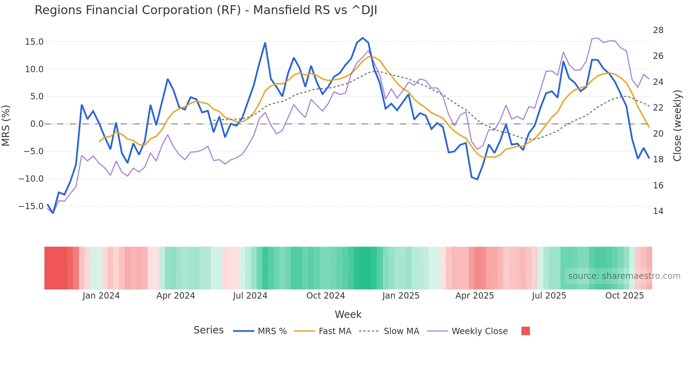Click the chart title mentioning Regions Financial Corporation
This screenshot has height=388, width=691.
(x=206, y=10)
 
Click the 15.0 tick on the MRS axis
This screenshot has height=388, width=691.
(x=34, y=42)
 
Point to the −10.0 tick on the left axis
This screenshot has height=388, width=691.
(x=31, y=179)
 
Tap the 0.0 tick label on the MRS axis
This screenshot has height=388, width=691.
(x=37, y=124)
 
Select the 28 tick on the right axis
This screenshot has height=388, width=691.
(x=658, y=30)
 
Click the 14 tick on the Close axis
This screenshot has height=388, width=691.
(x=658, y=211)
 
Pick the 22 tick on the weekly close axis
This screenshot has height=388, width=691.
(x=658, y=108)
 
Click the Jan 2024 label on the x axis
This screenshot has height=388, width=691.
(x=101, y=296)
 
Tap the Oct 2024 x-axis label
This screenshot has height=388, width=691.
(x=325, y=296)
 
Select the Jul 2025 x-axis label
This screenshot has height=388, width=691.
(x=549, y=296)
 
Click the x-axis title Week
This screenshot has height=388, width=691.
(x=348, y=314)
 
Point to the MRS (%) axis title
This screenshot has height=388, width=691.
(x=6, y=125)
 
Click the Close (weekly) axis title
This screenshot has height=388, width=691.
(x=677, y=125)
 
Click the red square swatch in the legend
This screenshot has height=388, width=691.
(x=525, y=331)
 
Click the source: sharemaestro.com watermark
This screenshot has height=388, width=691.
(x=624, y=276)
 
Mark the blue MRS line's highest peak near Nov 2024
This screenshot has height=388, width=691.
(x=363, y=38)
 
